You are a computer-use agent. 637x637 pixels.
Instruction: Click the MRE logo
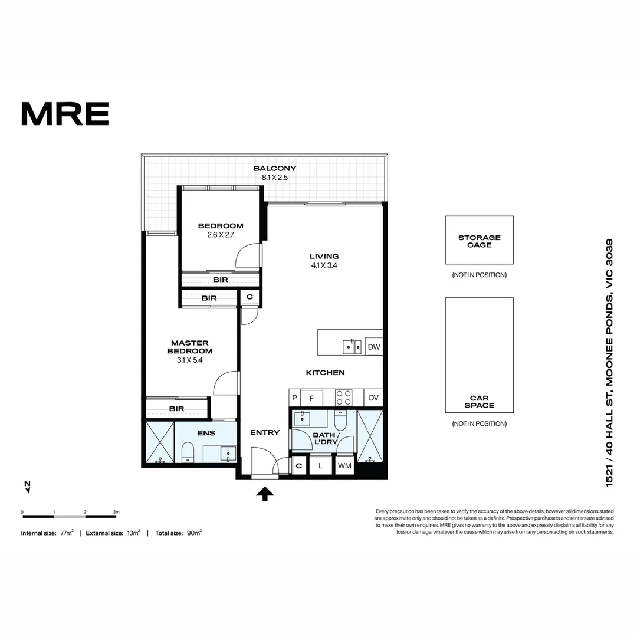click(x=65, y=114)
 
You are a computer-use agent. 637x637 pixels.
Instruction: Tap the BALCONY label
click(x=274, y=168)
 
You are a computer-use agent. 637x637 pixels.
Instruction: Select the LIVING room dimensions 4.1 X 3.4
click(x=324, y=265)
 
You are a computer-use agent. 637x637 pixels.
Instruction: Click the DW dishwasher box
click(x=374, y=347)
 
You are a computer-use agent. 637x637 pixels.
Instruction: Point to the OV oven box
click(x=373, y=398)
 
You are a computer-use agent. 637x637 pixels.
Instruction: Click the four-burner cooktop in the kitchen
click(x=343, y=398)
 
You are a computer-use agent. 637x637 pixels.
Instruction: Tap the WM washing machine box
click(x=344, y=466)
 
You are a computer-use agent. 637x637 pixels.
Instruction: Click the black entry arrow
click(x=265, y=494)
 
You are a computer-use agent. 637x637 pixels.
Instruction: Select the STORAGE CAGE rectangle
click(x=479, y=240)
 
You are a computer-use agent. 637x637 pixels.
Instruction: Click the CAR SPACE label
click(x=479, y=402)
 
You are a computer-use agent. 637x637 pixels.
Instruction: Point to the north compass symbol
click(x=27, y=486)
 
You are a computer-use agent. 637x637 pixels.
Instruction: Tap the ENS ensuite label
click(x=206, y=433)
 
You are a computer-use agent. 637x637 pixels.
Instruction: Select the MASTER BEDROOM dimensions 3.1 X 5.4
click(x=189, y=360)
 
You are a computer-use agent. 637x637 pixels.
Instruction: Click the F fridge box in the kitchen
click(x=311, y=398)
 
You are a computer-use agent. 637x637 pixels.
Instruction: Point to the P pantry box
click(x=294, y=398)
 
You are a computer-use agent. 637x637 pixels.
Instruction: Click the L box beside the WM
click(x=320, y=466)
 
